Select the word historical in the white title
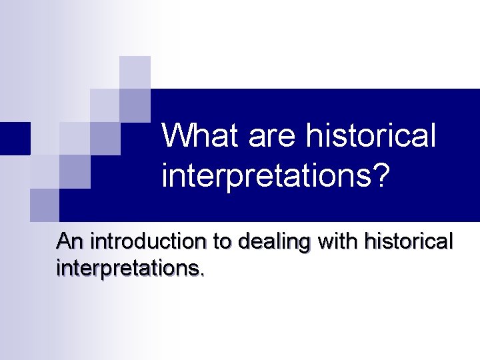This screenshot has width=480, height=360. click(371, 135)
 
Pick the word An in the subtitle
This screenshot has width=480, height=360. click(71, 241)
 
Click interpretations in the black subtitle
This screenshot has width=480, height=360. click(128, 269)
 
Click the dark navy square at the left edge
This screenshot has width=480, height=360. click(15, 139)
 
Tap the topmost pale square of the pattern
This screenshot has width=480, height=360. click(135, 72)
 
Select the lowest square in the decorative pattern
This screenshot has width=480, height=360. click(45, 205)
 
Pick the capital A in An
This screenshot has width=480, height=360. click(65, 241)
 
